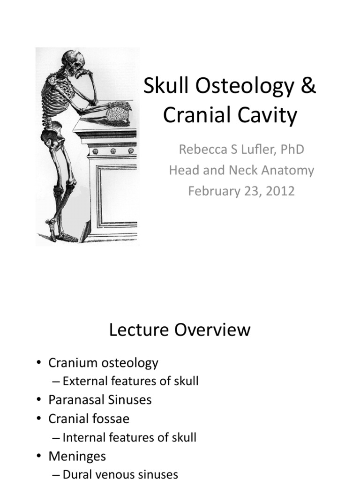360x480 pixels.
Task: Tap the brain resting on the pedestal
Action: point(116,114)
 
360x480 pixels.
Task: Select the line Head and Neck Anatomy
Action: point(241,170)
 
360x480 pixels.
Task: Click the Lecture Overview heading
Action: point(180,330)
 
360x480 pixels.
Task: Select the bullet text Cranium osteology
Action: point(103,362)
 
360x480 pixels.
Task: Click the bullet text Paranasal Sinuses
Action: point(100,400)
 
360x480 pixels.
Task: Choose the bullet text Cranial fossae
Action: point(89,419)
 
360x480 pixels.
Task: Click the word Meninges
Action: point(77,456)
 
